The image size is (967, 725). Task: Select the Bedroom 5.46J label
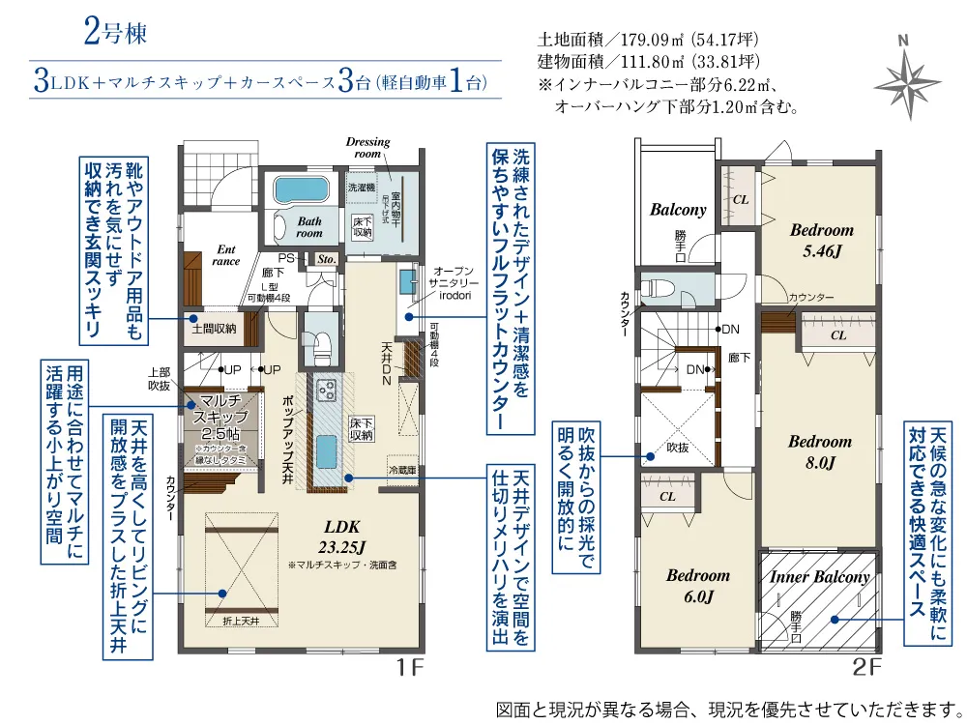tap(821, 239)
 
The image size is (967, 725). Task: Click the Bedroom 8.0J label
tap(819, 451)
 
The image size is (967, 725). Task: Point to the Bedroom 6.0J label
tap(697, 585)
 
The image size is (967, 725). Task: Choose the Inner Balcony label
tap(819, 577)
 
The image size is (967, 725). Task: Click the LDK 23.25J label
tap(342, 536)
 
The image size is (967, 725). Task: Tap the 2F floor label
tap(866, 666)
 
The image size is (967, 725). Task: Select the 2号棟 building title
tap(115, 32)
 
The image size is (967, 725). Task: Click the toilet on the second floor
tap(660, 288)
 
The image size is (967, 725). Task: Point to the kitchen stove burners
tap(325, 391)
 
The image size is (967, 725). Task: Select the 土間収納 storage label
tap(214, 330)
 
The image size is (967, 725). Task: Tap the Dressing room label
tap(367, 148)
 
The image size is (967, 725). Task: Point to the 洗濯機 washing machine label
tap(360, 186)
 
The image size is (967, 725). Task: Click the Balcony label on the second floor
tap(677, 210)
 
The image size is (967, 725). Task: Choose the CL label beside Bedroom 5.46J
tap(741, 198)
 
